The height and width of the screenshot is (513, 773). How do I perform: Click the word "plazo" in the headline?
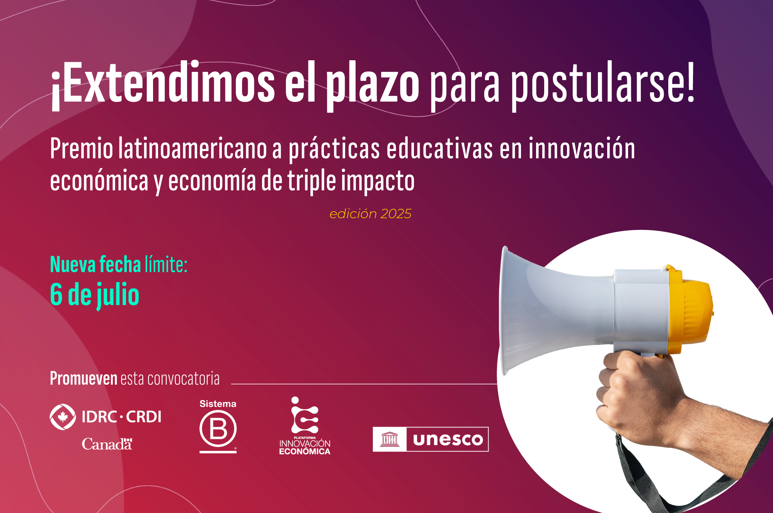(x=373, y=86)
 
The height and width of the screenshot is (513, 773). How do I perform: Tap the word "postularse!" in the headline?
(x=603, y=86)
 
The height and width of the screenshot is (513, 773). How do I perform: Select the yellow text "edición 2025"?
(x=370, y=214)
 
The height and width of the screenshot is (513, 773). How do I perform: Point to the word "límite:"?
(x=166, y=265)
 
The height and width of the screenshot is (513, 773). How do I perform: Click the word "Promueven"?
(x=83, y=379)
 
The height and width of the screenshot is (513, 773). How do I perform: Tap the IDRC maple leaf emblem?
(x=63, y=417)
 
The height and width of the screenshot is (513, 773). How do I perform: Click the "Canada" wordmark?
(x=107, y=444)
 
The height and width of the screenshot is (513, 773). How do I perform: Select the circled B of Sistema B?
(x=218, y=429)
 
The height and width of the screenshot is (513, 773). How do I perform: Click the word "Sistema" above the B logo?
(x=218, y=404)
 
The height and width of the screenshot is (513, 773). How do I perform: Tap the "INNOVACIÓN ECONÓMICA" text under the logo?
(x=305, y=447)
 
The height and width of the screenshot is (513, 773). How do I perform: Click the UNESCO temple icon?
(x=390, y=439)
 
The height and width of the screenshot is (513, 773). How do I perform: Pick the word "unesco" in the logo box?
(x=448, y=440)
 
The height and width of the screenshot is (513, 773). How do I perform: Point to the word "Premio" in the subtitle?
(x=82, y=149)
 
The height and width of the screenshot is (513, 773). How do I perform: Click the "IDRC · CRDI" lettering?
(x=121, y=417)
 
